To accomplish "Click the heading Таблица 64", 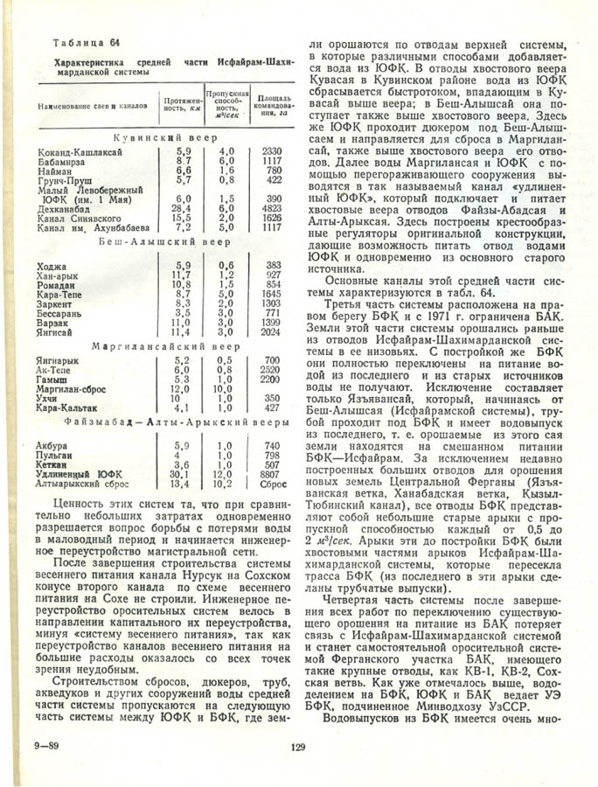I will click(85, 43).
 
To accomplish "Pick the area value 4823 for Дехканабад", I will click(271, 210).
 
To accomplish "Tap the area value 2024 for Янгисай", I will click(271, 332).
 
